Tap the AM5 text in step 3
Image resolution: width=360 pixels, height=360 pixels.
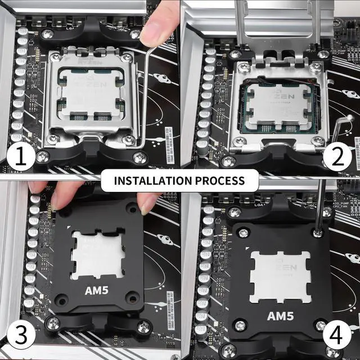pos(97,291)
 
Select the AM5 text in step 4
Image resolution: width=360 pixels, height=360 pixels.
pos(280,316)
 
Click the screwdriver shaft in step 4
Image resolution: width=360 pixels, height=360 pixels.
pos(320,202)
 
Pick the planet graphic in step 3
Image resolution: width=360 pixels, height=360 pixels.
pos(165,240)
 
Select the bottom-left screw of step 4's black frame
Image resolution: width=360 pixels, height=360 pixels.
pos(240,325)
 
